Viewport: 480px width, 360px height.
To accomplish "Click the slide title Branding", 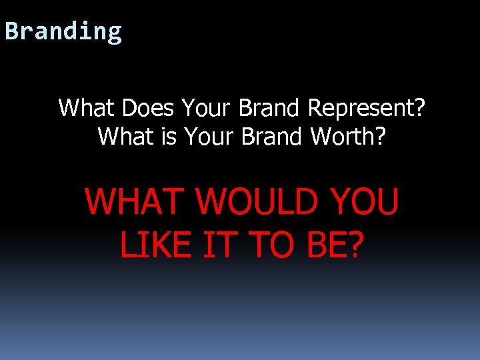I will pos(63,31).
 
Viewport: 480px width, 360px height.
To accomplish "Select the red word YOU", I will pos(363,201).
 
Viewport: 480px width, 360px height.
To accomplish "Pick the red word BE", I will pos(326,244).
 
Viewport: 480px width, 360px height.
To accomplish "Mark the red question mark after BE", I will pos(356,244).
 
